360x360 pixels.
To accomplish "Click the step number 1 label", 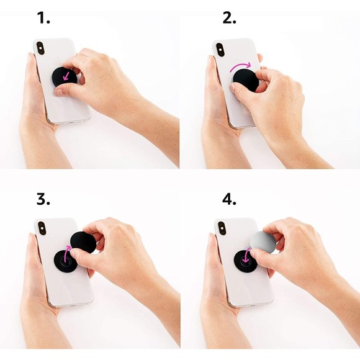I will tap(43, 19).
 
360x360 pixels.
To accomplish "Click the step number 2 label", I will tap(229, 19).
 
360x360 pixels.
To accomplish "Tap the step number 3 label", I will tap(43, 200).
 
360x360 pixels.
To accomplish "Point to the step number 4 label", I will tap(230, 200).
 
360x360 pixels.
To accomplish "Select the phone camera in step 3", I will tap(42, 228).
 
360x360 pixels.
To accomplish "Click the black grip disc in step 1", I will tap(65, 77).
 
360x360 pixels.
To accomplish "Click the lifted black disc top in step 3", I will tap(83, 241).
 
